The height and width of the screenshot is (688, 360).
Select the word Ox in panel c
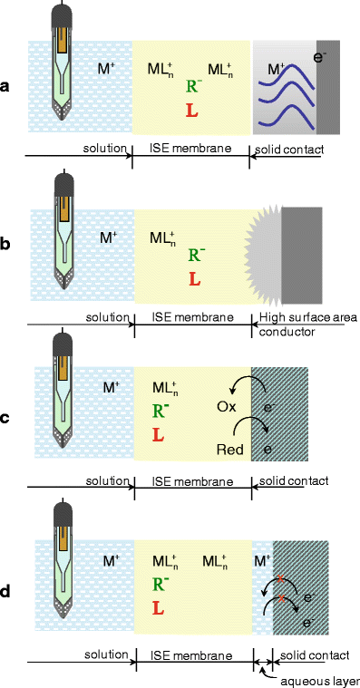(227, 407)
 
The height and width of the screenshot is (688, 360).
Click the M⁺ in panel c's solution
(112, 387)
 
